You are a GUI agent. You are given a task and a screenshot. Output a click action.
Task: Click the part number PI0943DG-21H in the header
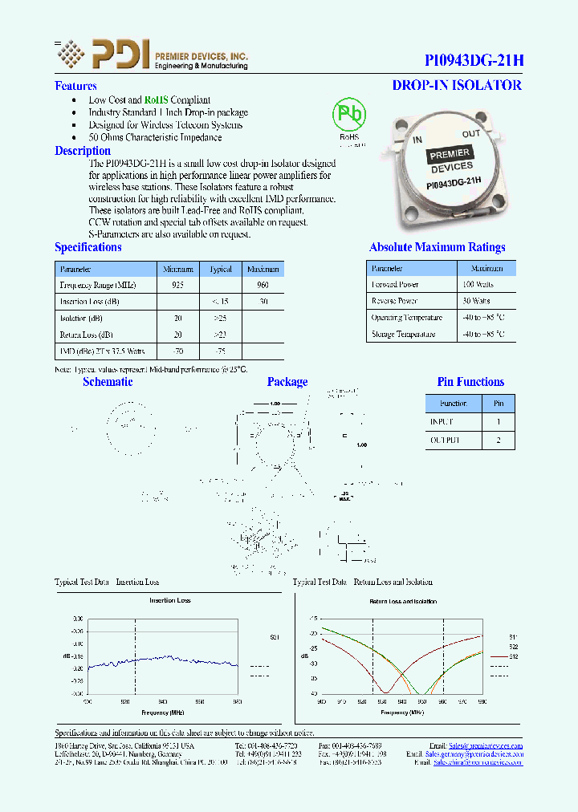[474, 60]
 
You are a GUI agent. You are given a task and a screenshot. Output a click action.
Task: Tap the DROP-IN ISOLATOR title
[456, 85]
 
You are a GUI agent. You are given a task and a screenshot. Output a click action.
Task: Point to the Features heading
[75, 86]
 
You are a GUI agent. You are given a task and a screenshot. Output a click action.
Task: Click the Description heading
[83, 151]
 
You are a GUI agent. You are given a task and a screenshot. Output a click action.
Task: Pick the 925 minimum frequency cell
[177, 285]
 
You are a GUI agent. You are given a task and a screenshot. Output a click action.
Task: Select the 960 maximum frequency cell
[263, 285]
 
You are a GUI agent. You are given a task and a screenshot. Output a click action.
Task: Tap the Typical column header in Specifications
[220, 270]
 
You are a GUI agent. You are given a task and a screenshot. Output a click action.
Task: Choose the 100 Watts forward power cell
[478, 285]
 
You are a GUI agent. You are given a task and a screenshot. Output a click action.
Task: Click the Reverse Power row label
[394, 301]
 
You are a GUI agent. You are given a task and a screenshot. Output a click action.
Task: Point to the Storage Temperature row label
[406, 335]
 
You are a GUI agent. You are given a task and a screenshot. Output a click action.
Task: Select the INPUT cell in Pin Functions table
[441, 421]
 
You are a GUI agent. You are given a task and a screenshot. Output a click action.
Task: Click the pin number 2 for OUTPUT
[498, 440]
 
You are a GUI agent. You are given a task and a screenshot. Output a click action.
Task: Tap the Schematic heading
[108, 382]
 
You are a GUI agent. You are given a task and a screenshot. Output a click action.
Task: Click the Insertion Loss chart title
[169, 600]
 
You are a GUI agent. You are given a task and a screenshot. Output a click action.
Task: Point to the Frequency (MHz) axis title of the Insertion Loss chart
[161, 712]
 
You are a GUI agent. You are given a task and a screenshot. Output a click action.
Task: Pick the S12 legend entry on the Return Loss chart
[513, 656]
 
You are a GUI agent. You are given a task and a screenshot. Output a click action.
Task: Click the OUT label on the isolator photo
[471, 134]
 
